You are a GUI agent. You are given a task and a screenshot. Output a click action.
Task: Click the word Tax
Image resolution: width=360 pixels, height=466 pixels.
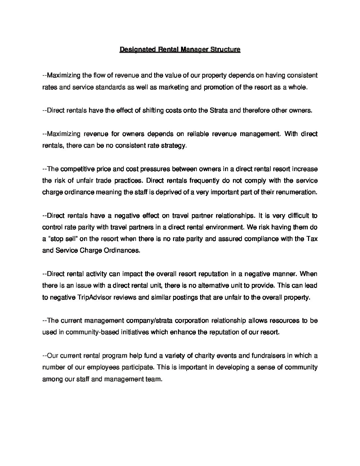pyautogui.click(x=312, y=239)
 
